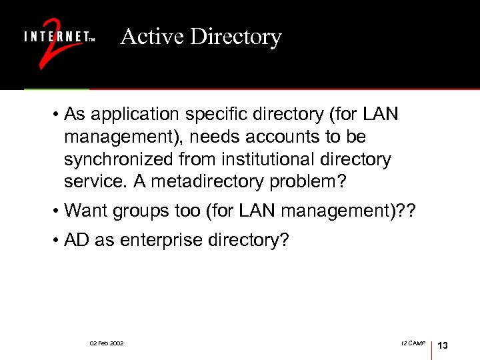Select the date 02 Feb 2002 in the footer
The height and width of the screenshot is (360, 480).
click(x=107, y=343)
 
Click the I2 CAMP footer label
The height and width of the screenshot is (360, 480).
click(x=413, y=343)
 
